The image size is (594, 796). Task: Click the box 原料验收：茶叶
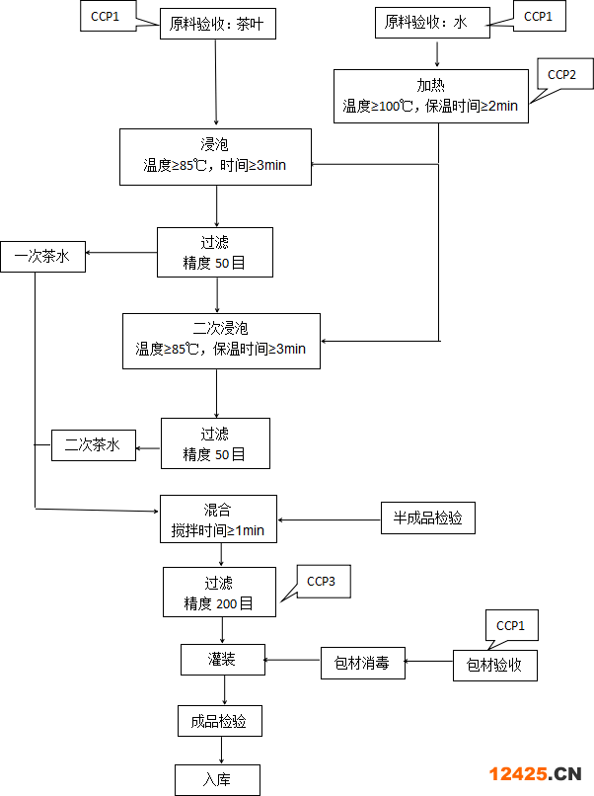click(x=218, y=24)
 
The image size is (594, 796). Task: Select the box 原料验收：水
click(x=433, y=23)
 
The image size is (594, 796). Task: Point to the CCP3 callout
click(x=323, y=582)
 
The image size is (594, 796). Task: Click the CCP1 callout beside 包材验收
click(x=511, y=625)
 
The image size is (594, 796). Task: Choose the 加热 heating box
click(x=431, y=96)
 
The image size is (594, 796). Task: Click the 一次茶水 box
click(x=42, y=257)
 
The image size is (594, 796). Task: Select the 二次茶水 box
click(x=94, y=445)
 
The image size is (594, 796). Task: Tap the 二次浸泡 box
click(x=221, y=341)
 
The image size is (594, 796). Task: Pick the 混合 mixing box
click(x=218, y=518)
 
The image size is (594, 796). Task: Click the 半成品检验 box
click(x=428, y=517)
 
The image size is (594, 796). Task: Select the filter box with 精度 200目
click(x=219, y=592)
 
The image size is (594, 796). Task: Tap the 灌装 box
click(x=223, y=660)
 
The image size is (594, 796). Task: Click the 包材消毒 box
click(x=363, y=663)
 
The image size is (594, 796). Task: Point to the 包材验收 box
click(x=495, y=665)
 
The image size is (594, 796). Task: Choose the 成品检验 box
click(x=220, y=721)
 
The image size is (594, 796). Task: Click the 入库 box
click(x=217, y=780)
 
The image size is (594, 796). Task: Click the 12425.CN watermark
click(x=535, y=773)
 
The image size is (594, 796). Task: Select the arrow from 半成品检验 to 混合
click(x=330, y=519)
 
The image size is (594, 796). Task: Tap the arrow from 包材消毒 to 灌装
click(x=293, y=660)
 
